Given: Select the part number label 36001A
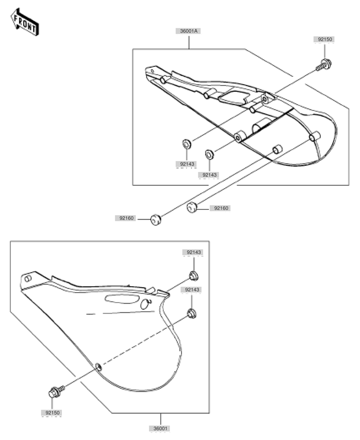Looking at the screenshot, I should click(x=190, y=31).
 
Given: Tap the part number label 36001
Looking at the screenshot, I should click(x=161, y=428).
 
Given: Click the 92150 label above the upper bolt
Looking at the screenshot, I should click(x=324, y=39).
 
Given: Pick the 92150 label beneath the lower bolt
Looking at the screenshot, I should click(x=53, y=412).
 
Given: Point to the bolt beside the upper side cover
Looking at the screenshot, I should click(x=324, y=63).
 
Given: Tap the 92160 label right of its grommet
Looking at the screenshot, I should click(x=221, y=208).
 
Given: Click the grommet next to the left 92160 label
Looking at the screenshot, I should click(x=156, y=219).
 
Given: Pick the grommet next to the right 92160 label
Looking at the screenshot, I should click(x=192, y=208).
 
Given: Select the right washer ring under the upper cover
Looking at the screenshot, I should click(x=209, y=155).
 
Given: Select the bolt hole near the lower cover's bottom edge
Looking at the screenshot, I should click(x=98, y=367).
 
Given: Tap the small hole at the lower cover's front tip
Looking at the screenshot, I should click(x=28, y=278).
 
